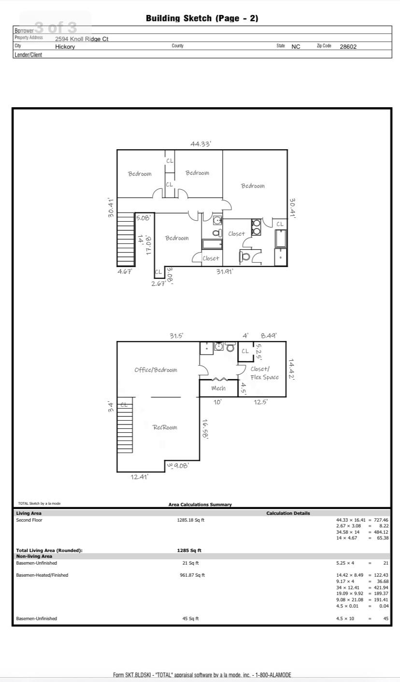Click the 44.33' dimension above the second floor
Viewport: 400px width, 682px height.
[200, 143]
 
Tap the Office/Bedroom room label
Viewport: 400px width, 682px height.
[156, 370]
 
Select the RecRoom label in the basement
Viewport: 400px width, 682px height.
[165, 427]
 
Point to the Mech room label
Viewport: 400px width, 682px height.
[218, 388]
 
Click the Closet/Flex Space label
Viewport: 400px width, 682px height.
[264, 373]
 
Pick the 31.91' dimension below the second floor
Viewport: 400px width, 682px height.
[225, 271]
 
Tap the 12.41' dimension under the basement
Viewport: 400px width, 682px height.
[140, 477]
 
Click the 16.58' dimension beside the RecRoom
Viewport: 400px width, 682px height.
[205, 428]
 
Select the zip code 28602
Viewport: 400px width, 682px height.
[348, 47]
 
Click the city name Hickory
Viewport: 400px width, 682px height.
[65, 47]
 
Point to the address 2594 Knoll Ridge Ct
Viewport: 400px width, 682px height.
[82, 39]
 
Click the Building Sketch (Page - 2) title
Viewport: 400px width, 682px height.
[202, 18]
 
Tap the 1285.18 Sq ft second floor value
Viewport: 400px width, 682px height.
[191, 520]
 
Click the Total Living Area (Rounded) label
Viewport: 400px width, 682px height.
[49, 550]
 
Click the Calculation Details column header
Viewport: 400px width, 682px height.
[288, 513]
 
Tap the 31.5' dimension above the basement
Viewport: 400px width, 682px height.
[176, 336]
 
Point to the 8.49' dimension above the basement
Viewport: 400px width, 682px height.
[269, 336]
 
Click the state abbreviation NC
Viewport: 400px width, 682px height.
[296, 47]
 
